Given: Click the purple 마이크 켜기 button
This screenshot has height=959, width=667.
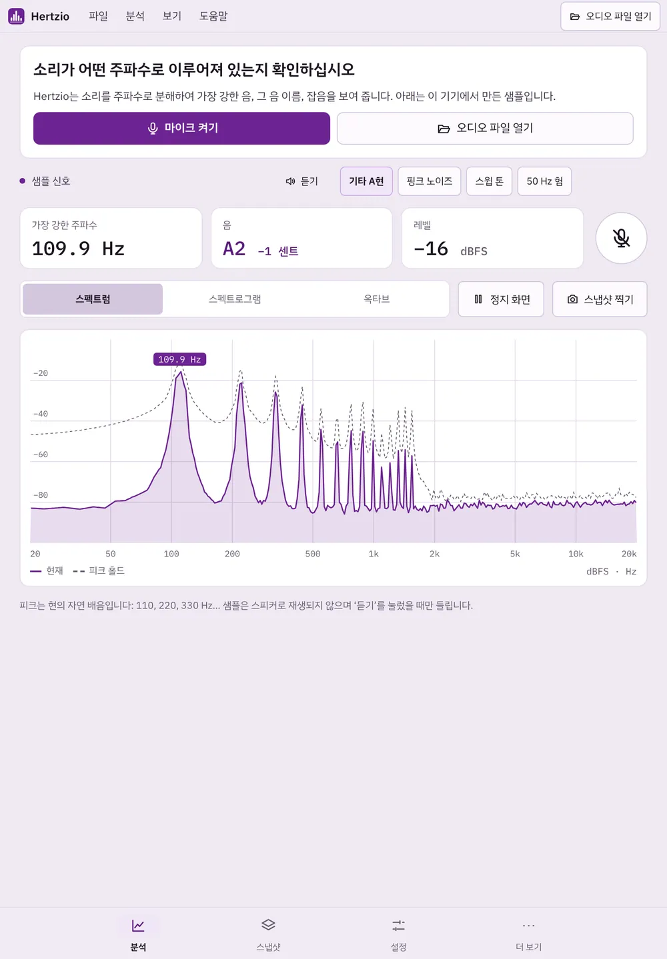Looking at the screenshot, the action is [x=181, y=128].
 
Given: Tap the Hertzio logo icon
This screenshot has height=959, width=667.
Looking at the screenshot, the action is [x=16, y=16].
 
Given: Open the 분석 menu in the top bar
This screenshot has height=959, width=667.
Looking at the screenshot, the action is [x=135, y=16].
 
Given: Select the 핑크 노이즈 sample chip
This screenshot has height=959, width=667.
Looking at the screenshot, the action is [x=430, y=181].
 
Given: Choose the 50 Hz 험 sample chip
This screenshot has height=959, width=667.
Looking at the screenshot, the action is [x=544, y=181].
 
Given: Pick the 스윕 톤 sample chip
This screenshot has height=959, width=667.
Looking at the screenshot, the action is [x=489, y=181].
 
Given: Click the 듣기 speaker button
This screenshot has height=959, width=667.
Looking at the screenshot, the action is [x=302, y=181].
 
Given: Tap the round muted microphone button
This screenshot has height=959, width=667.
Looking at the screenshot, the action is [x=621, y=238].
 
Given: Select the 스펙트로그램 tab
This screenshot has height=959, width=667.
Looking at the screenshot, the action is [x=235, y=299].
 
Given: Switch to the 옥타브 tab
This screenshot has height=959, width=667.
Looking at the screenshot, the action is [x=377, y=299].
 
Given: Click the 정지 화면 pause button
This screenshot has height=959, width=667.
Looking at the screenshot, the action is [x=501, y=299].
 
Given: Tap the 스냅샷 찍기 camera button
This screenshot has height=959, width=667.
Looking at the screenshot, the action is [x=600, y=299].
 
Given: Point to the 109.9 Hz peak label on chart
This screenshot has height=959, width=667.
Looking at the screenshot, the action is [x=179, y=359].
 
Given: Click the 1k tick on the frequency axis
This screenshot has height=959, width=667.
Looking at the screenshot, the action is [x=374, y=554].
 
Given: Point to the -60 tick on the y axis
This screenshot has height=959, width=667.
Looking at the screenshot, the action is [x=41, y=455].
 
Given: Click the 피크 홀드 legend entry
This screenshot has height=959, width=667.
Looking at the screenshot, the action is [x=99, y=570].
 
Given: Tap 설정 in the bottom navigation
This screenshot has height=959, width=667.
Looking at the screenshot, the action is [x=398, y=934].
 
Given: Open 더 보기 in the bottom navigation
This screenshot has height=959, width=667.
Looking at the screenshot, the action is [x=529, y=934].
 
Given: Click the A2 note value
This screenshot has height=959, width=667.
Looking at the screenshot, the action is [x=234, y=249].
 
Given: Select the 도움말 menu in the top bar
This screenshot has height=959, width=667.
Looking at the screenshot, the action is [x=213, y=16].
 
